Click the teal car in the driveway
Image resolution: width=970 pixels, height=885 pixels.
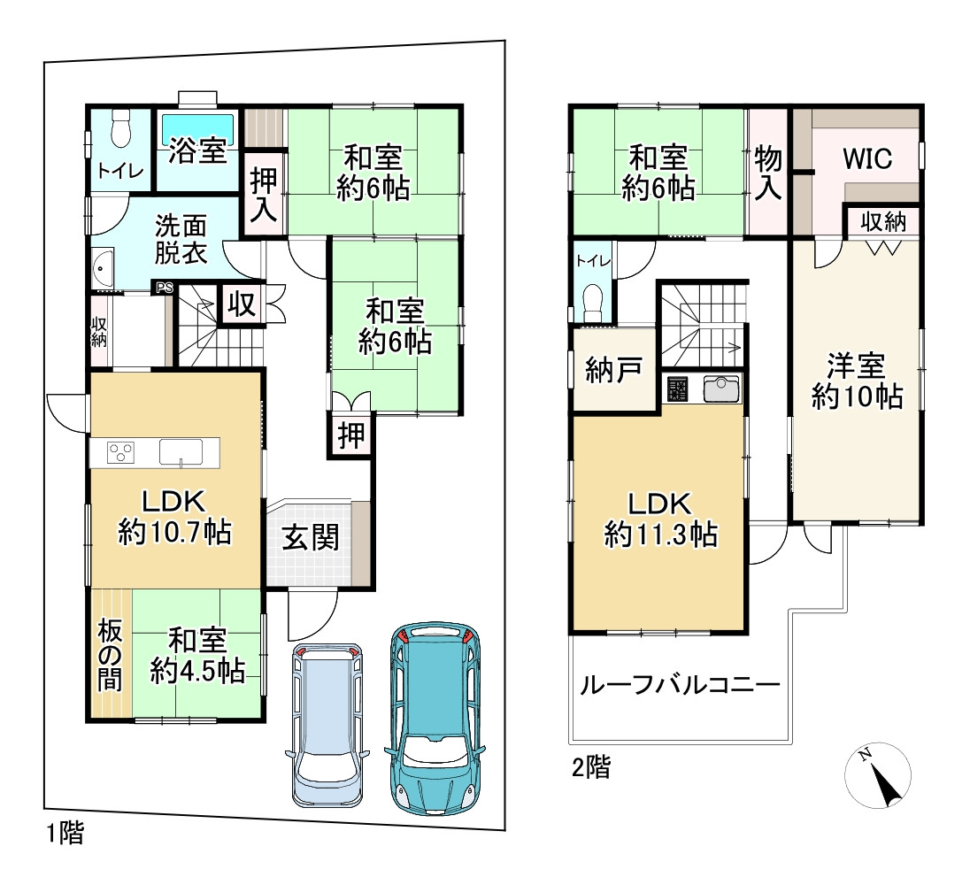pyautogui.click(x=435, y=718)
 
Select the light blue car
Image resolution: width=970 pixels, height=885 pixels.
pyautogui.click(x=327, y=724)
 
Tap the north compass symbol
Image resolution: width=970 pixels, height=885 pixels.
pyautogui.click(x=878, y=775)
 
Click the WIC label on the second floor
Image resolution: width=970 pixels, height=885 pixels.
pyautogui.click(x=867, y=159)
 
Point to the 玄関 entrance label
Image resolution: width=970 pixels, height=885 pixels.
pyautogui.click(x=311, y=537)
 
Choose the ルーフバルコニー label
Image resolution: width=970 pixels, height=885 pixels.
pyautogui.click(x=680, y=685)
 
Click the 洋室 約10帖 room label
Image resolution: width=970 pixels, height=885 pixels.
pyautogui.click(x=857, y=381)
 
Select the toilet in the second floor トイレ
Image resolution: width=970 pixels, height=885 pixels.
pyautogui.click(x=593, y=303)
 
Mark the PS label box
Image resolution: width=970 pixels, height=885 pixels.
pyautogui.click(x=165, y=288)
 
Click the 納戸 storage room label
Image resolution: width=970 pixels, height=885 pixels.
pyautogui.click(x=613, y=370)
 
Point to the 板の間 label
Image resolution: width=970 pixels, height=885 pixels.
pyautogui.click(x=110, y=655)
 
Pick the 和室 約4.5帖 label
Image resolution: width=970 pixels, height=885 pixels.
pyautogui.click(x=197, y=656)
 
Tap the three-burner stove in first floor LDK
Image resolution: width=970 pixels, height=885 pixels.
pyautogui.click(x=120, y=452)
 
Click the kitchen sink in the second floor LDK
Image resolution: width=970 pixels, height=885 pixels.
pyautogui.click(x=721, y=389)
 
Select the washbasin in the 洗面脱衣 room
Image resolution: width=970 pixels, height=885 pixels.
pyautogui.click(x=102, y=268)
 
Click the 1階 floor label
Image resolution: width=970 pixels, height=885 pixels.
pyautogui.click(x=65, y=833)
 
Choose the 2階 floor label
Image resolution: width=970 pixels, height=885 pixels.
pyautogui.click(x=591, y=767)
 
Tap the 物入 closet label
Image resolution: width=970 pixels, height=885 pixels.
pyautogui.click(x=767, y=173)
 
